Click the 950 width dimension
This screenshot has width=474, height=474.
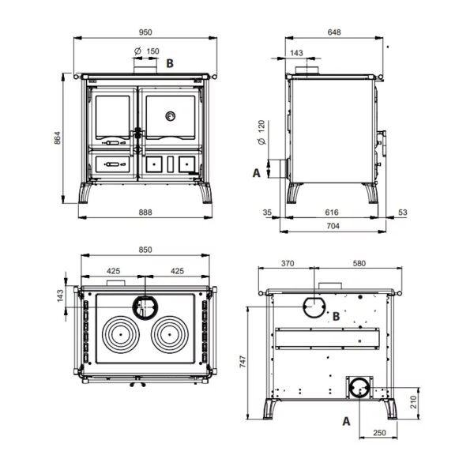[x=145, y=32]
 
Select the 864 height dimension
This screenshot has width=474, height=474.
[x=58, y=137]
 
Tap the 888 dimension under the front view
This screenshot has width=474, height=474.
[x=145, y=213]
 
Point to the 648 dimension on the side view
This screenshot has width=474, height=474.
[x=334, y=32]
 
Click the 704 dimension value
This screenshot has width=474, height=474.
[x=333, y=226]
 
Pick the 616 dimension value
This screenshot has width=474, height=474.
[x=332, y=213]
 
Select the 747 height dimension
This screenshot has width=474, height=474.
[x=243, y=362]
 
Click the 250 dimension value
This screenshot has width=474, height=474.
[x=379, y=433]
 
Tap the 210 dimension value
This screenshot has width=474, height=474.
[x=413, y=402]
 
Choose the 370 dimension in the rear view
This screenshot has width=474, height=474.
[x=288, y=264]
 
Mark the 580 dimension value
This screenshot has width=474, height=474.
[x=359, y=264]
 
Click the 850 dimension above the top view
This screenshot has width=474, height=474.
[x=145, y=250]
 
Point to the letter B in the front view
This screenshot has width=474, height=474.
[x=170, y=63]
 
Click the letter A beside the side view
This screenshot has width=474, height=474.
[x=256, y=173]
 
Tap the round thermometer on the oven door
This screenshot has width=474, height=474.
[x=170, y=116]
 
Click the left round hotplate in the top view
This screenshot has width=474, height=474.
[x=121, y=335]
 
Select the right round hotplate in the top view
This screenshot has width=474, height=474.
[x=170, y=335]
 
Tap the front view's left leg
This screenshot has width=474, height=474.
[x=85, y=193]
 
